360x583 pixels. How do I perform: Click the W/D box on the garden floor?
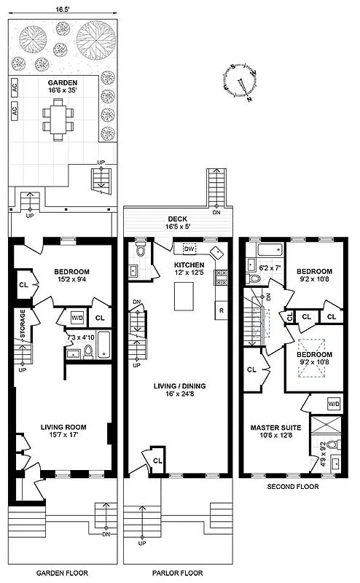pos(77,318)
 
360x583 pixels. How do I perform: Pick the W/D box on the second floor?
pos(334,403)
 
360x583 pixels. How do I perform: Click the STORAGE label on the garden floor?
pos(23,324)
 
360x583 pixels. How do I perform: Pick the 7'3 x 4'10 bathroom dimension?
pos(80,337)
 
